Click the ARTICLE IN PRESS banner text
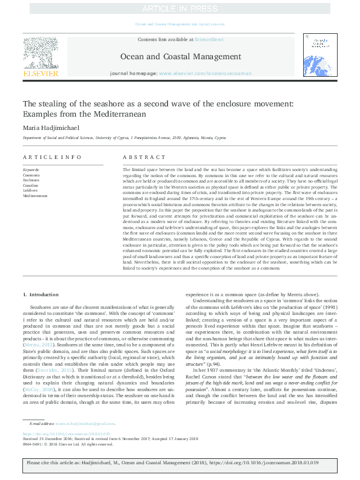click(x=180, y=8)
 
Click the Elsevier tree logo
click(x=40, y=54)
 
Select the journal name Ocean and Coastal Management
click(x=180, y=57)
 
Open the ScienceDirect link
click(x=209, y=39)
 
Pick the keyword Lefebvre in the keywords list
click(x=30, y=190)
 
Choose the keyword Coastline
click(x=31, y=185)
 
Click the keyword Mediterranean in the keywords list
click(x=35, y=196)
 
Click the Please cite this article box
click(x=180, y=463)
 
